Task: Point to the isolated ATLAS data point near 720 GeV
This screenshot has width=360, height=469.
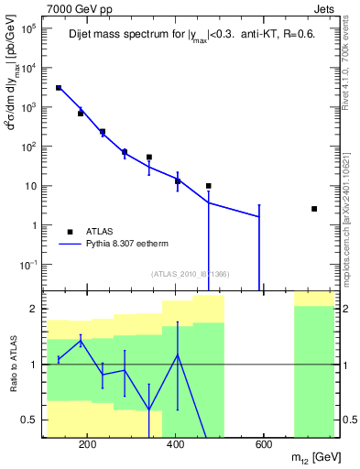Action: click(314, 209)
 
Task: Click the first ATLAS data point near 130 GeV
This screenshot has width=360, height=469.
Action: click(59, 88)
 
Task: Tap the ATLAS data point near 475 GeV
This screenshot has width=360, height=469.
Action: click(209, 186)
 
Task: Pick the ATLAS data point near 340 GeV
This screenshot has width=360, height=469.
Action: click(149, 158)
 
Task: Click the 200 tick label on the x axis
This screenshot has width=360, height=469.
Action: click(87, 446)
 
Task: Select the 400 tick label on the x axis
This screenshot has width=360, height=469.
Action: click(175, 446)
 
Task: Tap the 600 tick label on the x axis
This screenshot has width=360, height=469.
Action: click(263, 446)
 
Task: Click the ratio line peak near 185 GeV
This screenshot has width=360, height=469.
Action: click(81, 341)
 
